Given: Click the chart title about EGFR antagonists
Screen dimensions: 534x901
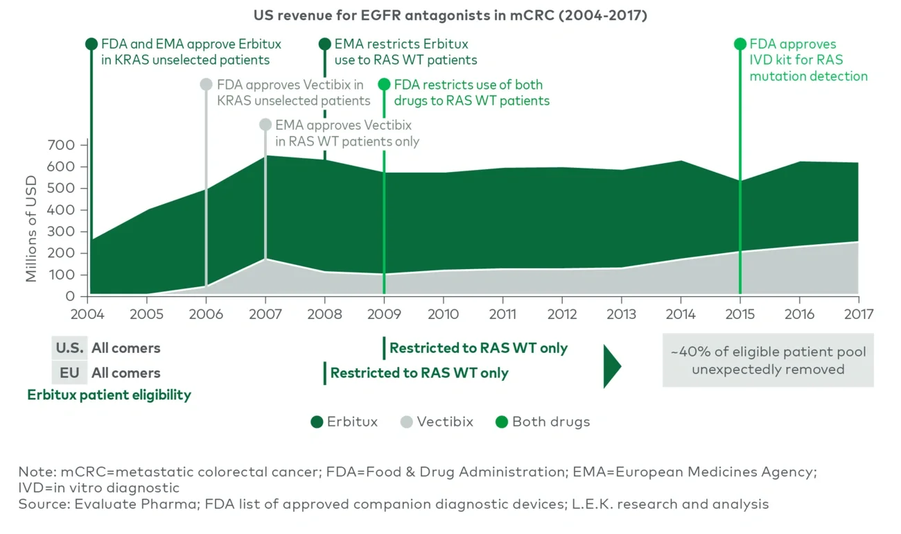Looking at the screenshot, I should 450,15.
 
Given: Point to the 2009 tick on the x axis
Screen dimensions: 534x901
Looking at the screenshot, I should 384,313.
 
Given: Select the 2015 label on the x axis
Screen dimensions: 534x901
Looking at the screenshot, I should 740,313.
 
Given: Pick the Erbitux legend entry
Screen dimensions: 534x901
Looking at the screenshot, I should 344,422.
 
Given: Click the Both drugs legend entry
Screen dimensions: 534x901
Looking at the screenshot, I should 543,422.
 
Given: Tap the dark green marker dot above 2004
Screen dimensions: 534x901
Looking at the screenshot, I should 91,44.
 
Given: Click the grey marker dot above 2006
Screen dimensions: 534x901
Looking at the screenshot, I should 206,85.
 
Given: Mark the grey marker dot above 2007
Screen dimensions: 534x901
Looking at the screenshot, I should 265,125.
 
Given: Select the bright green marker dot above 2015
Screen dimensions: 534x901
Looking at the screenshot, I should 740,44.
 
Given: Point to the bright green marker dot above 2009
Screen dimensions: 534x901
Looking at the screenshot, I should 384,85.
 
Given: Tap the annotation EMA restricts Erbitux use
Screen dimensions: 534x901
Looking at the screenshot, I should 405,52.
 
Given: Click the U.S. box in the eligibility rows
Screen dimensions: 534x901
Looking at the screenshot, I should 69,348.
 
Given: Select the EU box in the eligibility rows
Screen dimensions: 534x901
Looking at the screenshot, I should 69,373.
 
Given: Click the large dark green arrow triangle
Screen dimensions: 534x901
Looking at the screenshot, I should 612,365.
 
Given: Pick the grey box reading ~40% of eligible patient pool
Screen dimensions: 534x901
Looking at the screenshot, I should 767,361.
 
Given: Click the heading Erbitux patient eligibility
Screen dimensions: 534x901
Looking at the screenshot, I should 109,395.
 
